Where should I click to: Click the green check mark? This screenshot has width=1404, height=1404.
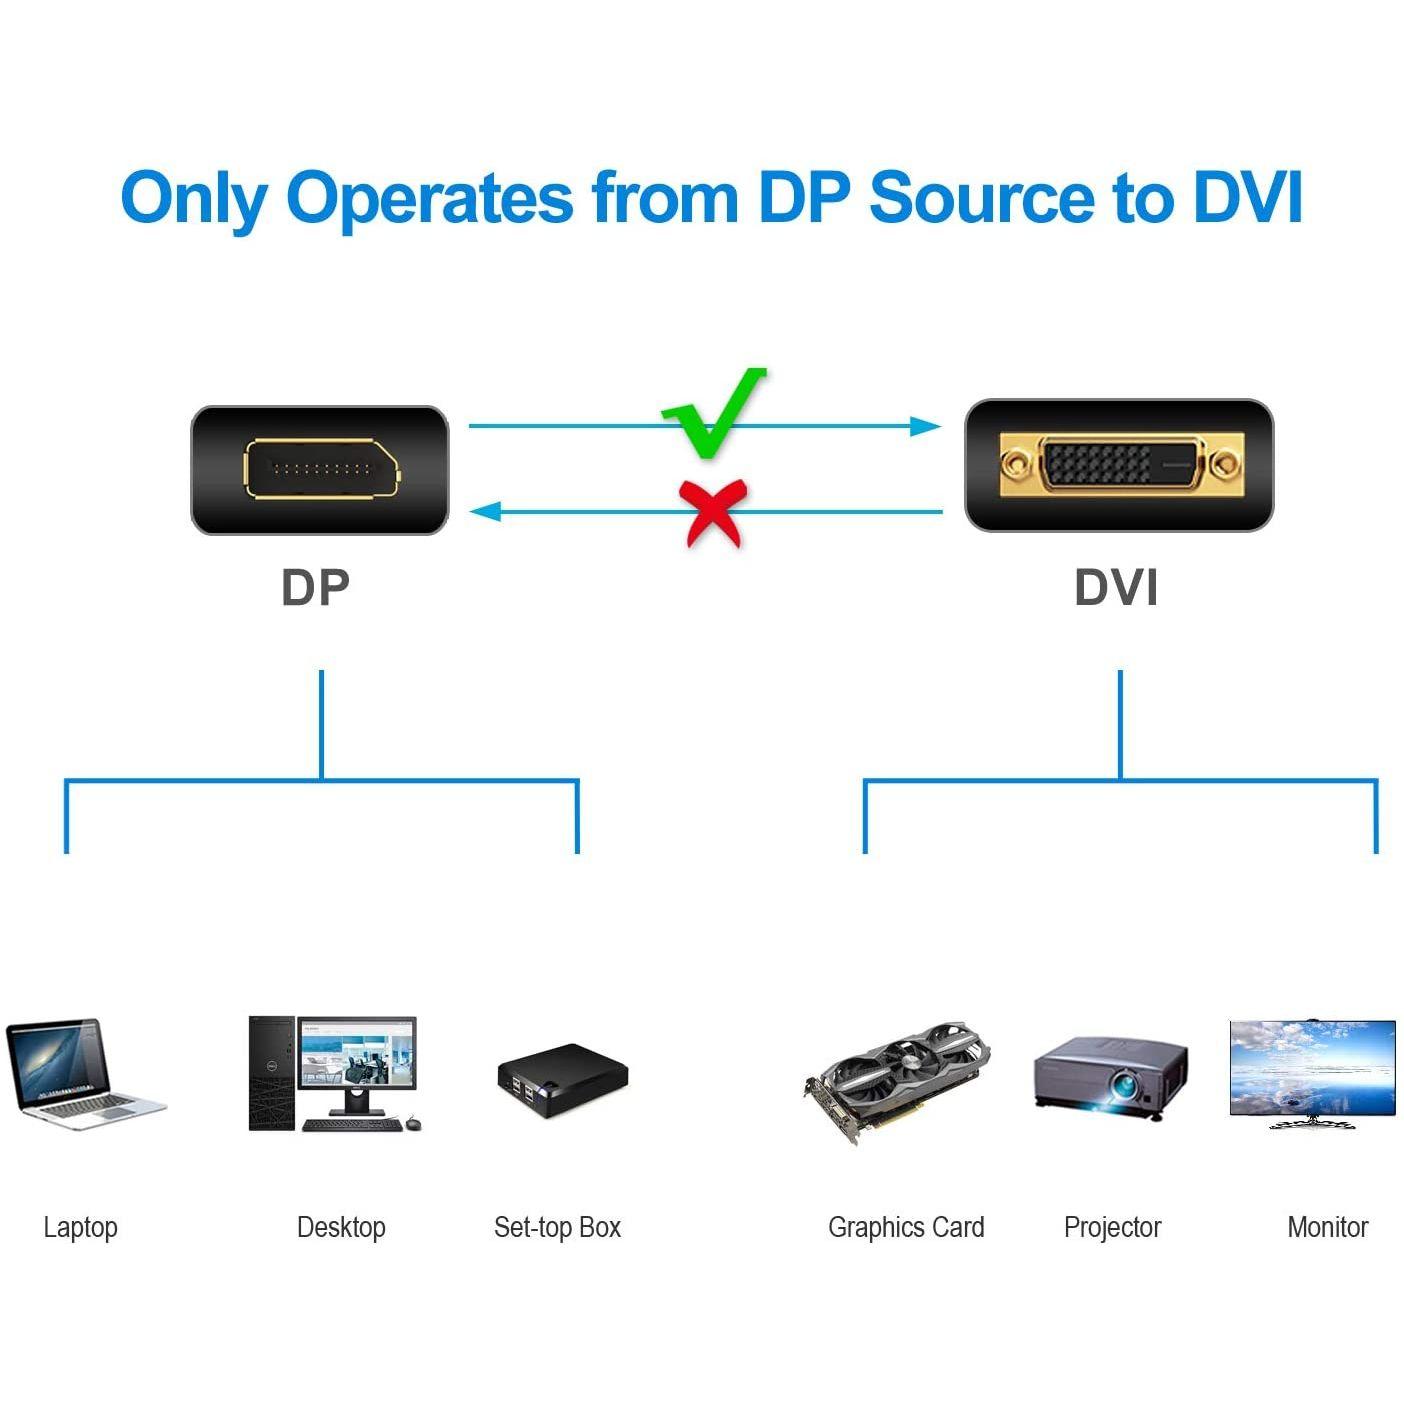pos(713,415)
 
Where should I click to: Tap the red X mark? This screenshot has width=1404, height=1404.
pos(712,512)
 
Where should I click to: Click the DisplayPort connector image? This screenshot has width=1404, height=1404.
pos(320,470)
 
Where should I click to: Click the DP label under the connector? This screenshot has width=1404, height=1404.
pos(315,588)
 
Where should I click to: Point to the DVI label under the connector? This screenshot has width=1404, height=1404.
pos(1116,588)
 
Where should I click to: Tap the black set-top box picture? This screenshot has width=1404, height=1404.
pos(562,1080)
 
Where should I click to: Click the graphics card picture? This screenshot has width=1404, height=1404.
pos(896,1080)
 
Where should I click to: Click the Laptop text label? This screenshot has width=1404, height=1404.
pos(80,1227)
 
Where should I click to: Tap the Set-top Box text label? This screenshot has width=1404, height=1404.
pos(557,1227)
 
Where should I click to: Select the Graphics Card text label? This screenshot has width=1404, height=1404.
pos(906,1227)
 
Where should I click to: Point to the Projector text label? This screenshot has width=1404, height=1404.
pos(1112,1227)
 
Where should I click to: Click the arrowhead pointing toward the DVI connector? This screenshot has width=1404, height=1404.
pos(926,427)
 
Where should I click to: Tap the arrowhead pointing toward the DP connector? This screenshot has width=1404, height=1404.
pos(486,512)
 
